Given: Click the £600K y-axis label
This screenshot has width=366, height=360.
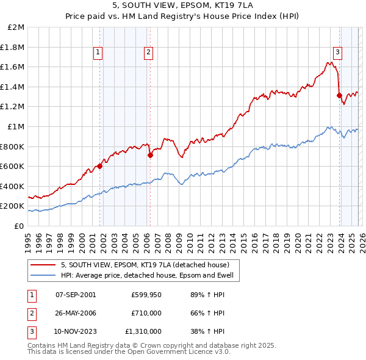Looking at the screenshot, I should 12,166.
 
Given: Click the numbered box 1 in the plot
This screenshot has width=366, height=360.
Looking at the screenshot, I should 98,53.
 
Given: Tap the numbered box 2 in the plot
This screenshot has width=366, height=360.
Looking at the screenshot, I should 148,53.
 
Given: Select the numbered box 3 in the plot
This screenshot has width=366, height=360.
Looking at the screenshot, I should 337,53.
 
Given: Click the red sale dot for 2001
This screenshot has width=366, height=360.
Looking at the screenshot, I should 100,166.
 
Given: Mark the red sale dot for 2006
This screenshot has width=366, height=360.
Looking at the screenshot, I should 150,155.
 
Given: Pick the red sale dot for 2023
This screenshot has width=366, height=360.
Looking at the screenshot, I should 339,95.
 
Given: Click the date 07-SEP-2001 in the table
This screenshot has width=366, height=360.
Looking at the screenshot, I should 76,295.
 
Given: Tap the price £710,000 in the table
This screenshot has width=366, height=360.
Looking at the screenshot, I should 146,313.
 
